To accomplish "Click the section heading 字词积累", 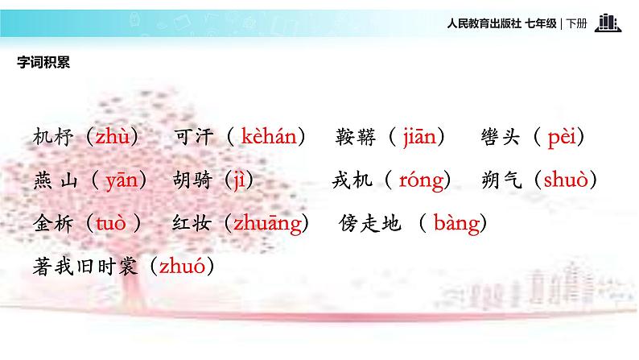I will coord(43,63).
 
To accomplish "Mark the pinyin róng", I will coord(421,180).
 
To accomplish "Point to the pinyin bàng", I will coord(456,223).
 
